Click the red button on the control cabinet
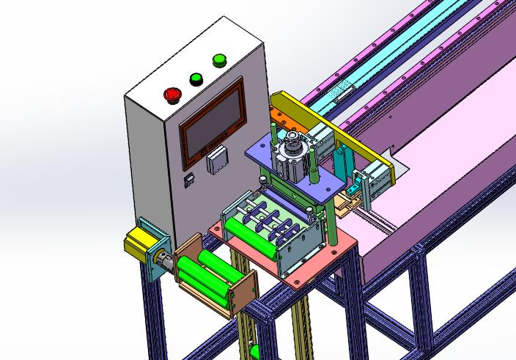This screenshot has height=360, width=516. tap(173, 94)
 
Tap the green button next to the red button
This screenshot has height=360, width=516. tap(196, 78)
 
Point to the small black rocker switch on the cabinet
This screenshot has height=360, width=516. tap(188, 177)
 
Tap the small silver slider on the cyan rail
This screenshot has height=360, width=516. tap(342, 92)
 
